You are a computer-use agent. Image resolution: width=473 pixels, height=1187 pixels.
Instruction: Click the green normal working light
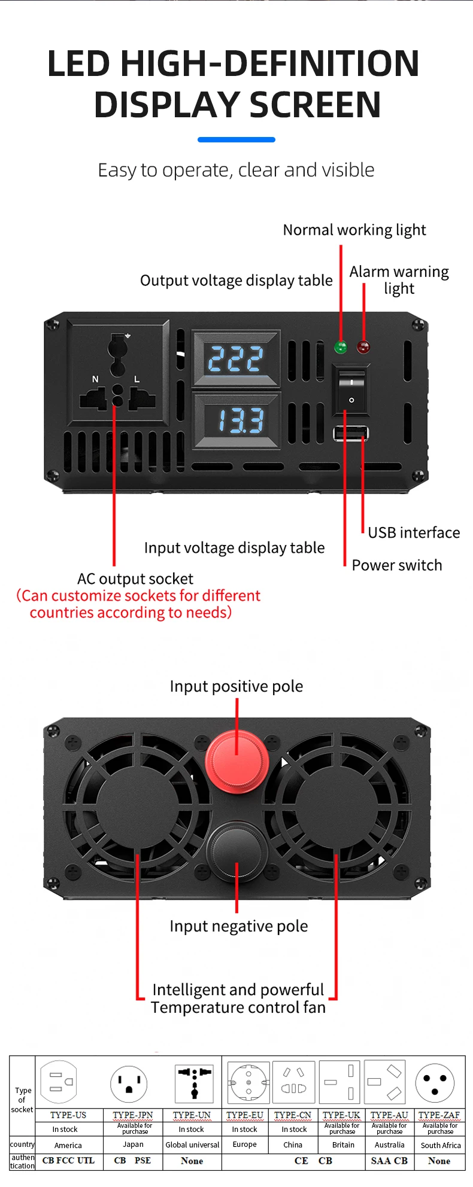point(341,346)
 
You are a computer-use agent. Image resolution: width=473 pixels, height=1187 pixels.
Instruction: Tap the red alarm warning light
point(363,346)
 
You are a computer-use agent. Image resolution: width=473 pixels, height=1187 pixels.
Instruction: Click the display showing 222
point(235,359)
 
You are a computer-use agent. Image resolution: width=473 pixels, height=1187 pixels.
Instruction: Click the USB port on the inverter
point(351,433)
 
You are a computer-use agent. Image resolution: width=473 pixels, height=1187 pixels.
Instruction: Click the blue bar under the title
point(236,139)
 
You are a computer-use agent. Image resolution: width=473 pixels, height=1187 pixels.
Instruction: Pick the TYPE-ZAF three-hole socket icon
point(435,1082)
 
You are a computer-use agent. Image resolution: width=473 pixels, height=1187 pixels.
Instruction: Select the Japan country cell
point(133,1144)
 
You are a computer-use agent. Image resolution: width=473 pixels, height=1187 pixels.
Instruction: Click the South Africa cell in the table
point(441,1145)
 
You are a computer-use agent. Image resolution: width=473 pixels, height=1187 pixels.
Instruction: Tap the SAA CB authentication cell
point(389,1161)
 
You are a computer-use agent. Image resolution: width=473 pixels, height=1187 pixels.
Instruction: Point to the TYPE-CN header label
point(293,1115)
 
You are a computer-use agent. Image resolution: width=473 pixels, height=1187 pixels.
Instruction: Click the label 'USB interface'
point(414,532)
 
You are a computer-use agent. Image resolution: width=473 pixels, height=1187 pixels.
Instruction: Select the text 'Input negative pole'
point(238,926)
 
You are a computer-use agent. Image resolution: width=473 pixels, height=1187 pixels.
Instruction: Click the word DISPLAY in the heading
point(166,105)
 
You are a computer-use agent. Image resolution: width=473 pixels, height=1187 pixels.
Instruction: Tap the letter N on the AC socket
point(95,379)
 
